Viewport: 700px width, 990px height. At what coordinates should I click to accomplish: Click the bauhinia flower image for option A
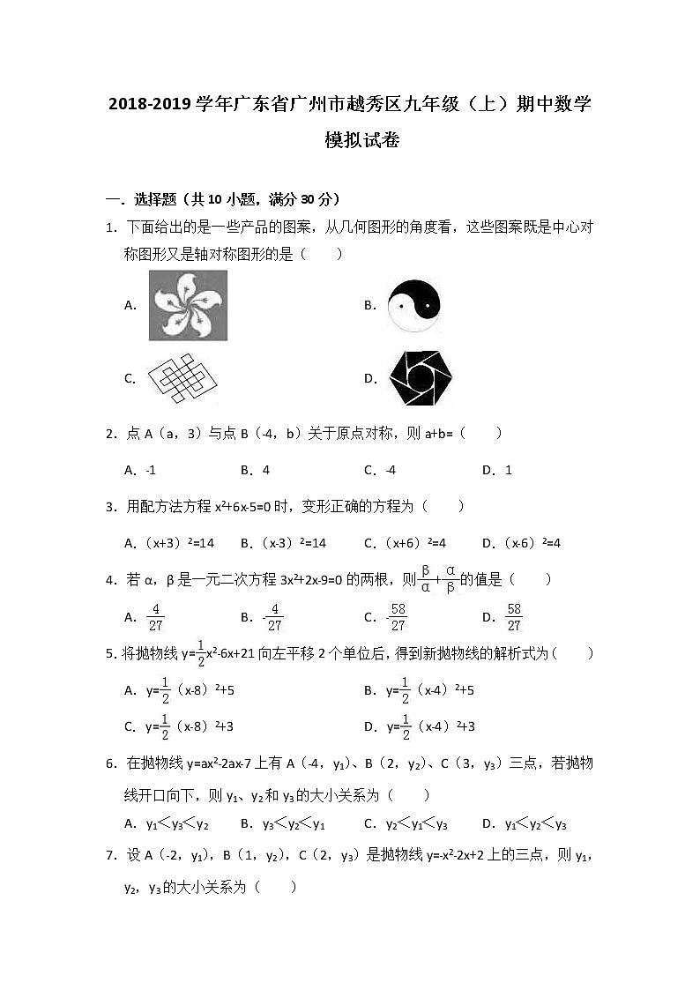188,305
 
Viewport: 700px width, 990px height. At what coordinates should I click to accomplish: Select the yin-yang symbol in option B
413,305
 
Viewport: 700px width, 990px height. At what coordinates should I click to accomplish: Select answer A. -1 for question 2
141,470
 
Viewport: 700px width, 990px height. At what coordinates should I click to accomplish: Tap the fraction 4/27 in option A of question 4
155,617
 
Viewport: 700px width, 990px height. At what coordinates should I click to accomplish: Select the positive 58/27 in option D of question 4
514,617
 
